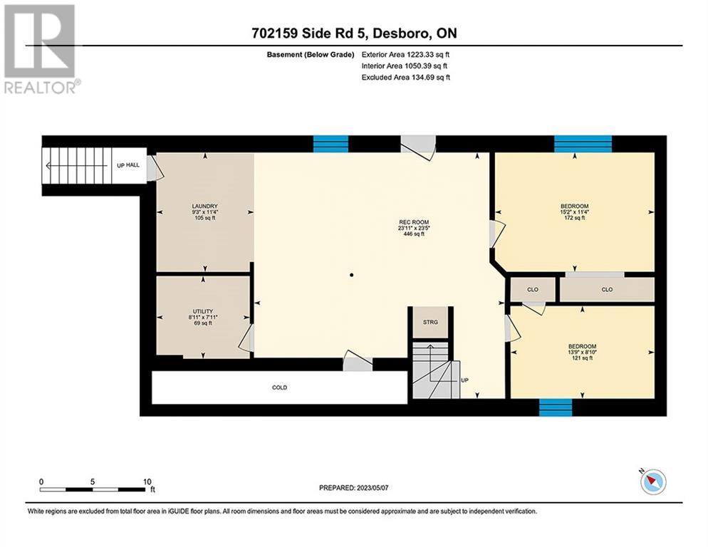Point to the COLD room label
[279, 387]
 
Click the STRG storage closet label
[430, 322]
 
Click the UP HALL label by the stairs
[128, 165]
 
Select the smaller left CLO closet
[533, 290]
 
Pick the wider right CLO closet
[608, 290]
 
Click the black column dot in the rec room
[351, 275]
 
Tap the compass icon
[653, 481]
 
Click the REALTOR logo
[40, 48]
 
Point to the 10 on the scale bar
[147, 481]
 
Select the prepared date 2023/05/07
[373, 488]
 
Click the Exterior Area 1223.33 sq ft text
[405, 55]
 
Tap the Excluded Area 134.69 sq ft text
[406, 77]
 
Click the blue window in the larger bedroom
[583, 144]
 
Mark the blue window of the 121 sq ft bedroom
[556, 407]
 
